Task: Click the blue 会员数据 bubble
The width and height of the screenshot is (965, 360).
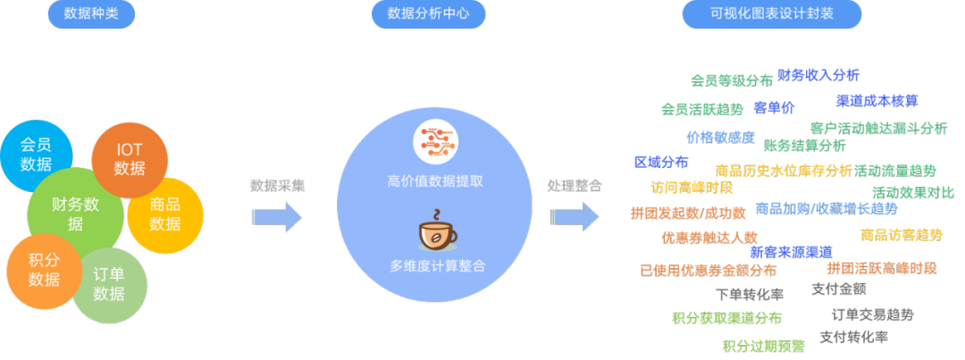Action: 36,155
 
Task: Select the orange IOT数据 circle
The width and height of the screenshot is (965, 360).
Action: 130,160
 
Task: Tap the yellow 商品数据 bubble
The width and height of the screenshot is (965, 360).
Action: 165,215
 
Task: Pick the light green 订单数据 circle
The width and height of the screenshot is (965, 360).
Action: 109,284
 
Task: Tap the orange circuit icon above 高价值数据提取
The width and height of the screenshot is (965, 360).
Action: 435,144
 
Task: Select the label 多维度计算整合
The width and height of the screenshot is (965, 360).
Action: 436,265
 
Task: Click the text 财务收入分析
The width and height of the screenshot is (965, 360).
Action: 818,76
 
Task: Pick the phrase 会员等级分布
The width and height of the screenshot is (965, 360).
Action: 731,80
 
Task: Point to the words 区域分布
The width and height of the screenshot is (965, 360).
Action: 661,163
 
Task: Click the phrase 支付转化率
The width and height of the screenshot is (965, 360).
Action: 853,338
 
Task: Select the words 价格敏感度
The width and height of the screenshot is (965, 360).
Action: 720,138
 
